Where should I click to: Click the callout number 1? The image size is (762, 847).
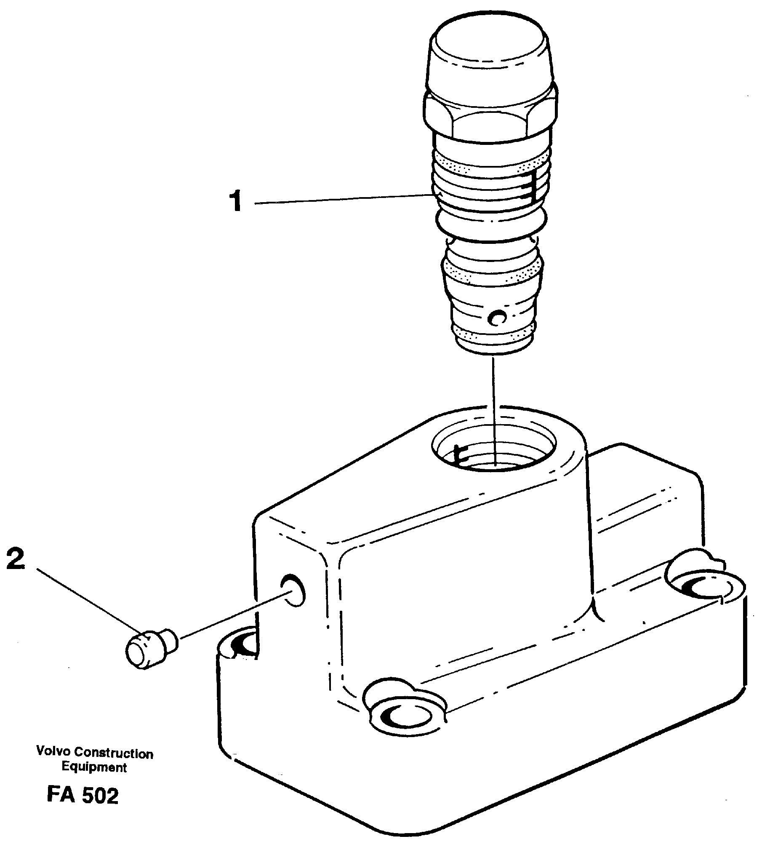[x=237, y=201]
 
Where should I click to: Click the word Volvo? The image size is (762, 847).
[x=51, y=751]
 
